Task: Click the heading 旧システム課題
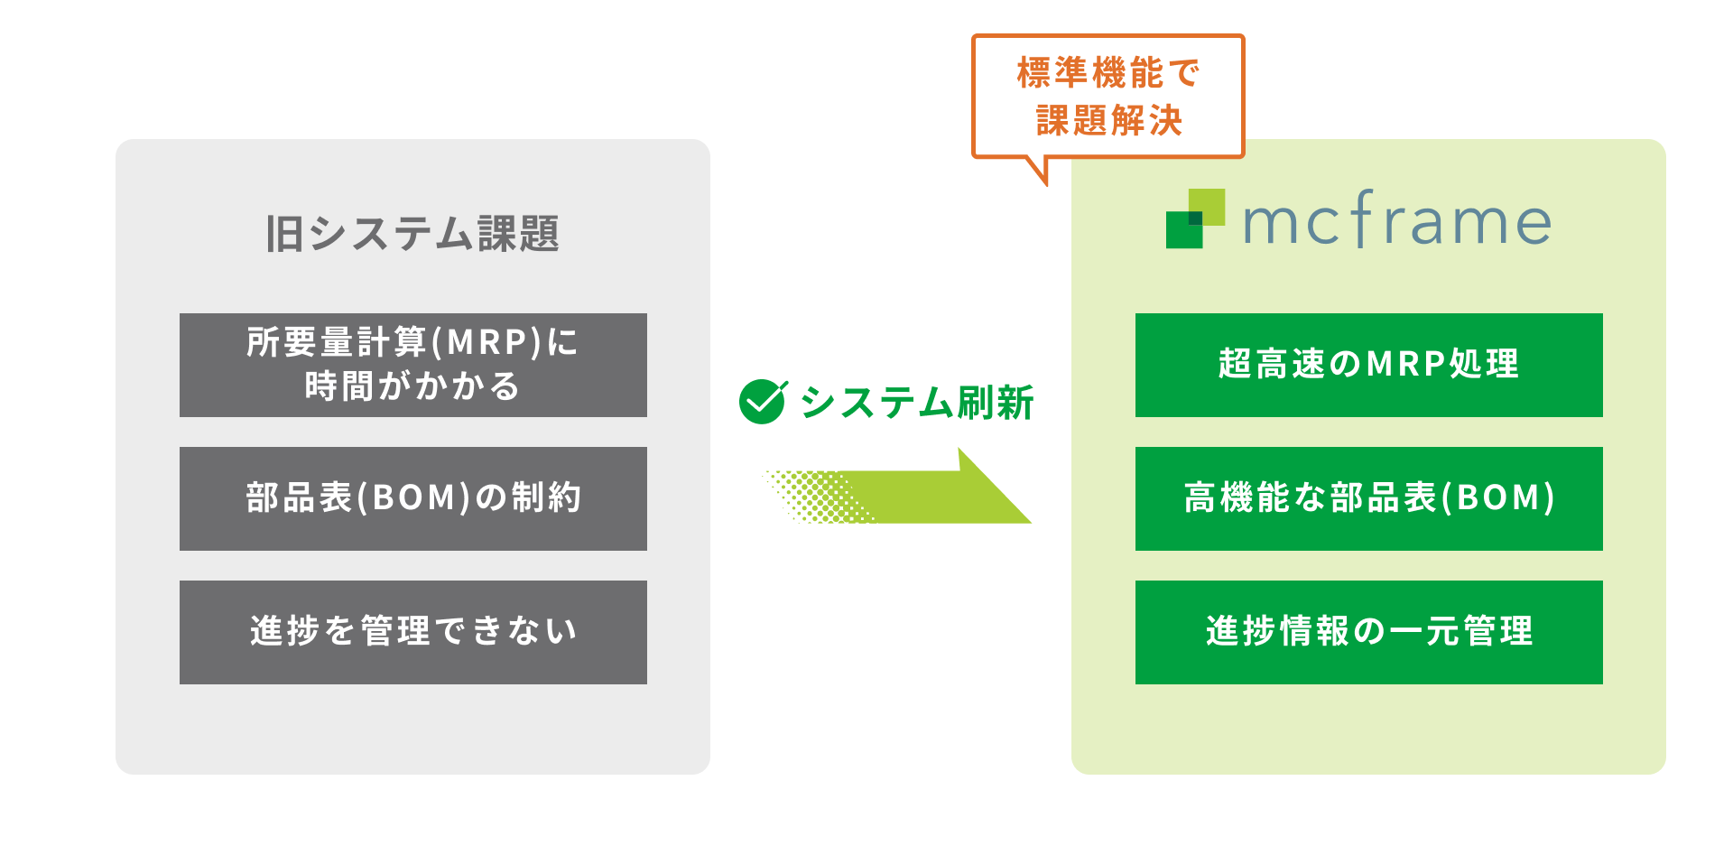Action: pyautogui.click(x=412, y=234)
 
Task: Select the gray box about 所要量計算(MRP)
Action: pyautogui.click(x=413, y=365)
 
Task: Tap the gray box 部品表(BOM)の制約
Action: pyautogui.click(x=413, y=498)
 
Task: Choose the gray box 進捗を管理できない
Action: pyautogui.click(x=413, y=632)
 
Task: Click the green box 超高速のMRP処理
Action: pyautogui.click(x=1368, y=365)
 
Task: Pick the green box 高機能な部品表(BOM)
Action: pyautogui.click(x=1368, y=498)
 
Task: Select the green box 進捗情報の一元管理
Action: pyautogui.click(x=1368, y=632)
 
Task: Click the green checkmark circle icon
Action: pyautogui.click(x=763, y=402)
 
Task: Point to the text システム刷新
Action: pyautogui.click(x=917, y=403)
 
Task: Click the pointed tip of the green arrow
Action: pyautogui.click(x=1030, y=522)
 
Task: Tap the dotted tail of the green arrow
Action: pyautogui.click(x=817, y=497)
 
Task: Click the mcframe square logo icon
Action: pyautogui.click(x=1195, y=218)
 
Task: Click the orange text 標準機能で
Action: pyautogui.click(x=1108, y=73)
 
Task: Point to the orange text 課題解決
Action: pyautogui.click(x=1108, y=120)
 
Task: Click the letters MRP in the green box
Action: pyautogui.click(x=1406, y=364)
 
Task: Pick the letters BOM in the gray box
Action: pyautogui.click(x=414, y=497)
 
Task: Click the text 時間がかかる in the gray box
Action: pyautogui.click(x=412, y=386)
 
